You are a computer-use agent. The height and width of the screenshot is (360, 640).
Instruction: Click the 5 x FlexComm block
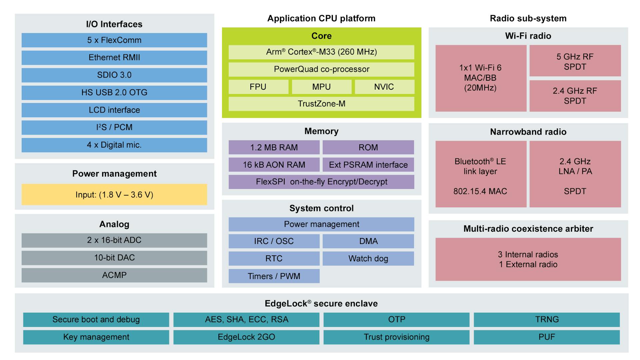(114, 40)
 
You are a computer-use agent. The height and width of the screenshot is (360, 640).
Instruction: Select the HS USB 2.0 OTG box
(114, 92)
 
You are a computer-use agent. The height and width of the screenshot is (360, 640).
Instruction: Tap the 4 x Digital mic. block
(114, 145)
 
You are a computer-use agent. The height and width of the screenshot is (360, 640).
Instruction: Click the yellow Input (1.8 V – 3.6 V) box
(114, 195)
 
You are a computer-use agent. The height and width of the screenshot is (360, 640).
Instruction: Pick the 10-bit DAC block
(114, 258)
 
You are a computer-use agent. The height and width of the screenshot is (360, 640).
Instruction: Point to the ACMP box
(114, 275)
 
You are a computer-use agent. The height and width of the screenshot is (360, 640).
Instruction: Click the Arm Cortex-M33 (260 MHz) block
(321, 52)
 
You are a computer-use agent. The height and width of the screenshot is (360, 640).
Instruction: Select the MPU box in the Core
(321, 87)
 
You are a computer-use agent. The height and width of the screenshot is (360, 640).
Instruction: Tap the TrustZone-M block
(321, 104)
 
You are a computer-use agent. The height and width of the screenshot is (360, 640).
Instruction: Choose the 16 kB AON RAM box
(274, 165)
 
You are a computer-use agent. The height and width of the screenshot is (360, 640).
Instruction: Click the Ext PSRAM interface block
(368, 165)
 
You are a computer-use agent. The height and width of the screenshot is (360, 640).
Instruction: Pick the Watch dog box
(368, 258)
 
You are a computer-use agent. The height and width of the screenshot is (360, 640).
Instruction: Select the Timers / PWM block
(274, 276)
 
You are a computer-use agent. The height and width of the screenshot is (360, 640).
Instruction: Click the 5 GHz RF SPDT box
(575, 61)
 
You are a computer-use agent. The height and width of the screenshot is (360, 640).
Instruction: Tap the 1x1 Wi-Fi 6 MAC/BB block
(480, 78)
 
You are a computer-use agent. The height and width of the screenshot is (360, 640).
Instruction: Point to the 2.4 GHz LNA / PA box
(575, 174)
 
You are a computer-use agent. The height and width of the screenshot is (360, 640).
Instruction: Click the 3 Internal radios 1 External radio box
(528, 259)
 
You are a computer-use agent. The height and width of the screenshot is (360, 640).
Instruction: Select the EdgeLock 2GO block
(246, 337)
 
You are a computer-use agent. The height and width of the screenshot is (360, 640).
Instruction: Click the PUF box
(547, 337)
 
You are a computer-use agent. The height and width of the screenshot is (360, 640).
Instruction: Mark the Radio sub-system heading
(528, 18)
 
